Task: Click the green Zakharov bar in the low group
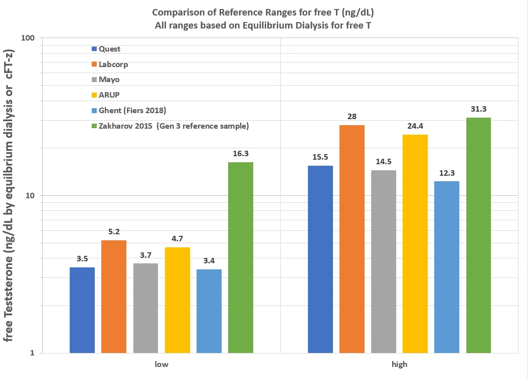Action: [x=241, y=257]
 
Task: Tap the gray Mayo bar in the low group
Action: [x=145, y=308]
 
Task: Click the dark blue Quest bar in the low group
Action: [x=82, y=310]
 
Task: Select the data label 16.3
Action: [x=240, y=154]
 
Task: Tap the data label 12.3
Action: [x=447, y=173]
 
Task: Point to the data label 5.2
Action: [x=114, y=232]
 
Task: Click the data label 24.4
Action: [x=415, y=126]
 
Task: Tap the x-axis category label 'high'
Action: [x=399, y=364]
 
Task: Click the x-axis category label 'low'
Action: [x=161, y=364]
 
